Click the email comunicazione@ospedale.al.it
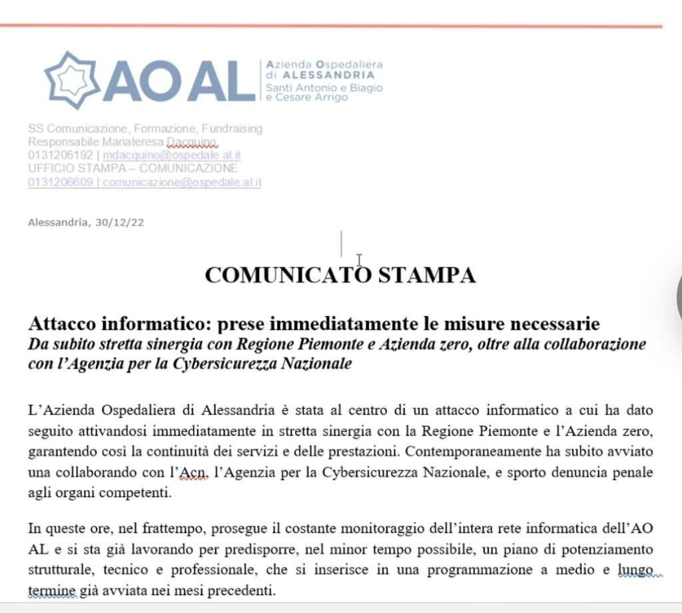(182, 182)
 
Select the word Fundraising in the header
(230, 128)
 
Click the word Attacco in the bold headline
(62, 324)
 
